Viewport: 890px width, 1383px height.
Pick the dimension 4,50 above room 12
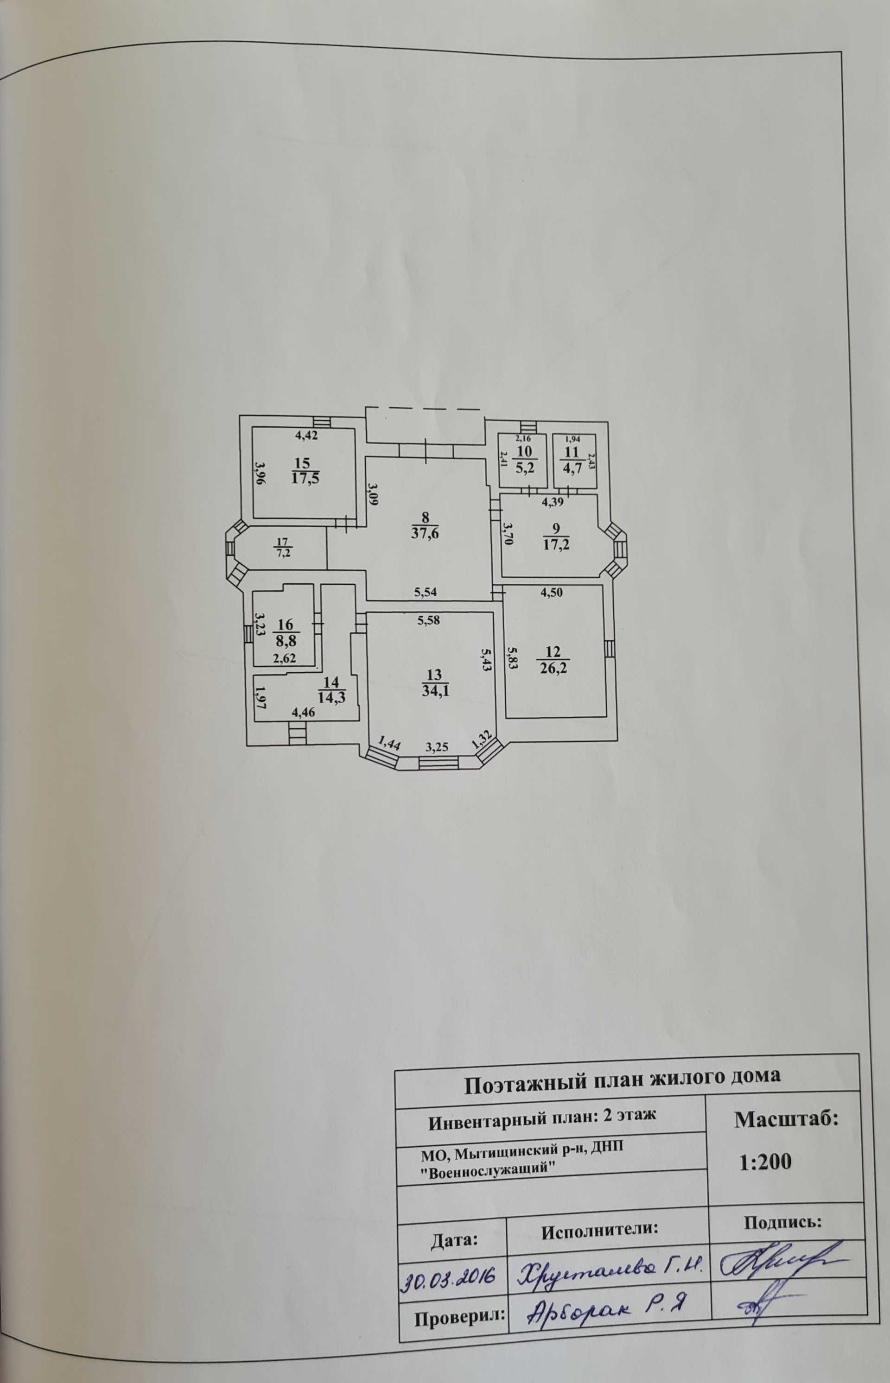point(551,592)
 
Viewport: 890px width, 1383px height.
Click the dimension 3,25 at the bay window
point(437,746)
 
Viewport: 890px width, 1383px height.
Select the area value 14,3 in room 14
point(332,697)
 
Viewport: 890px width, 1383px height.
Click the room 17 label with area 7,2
point(283,547)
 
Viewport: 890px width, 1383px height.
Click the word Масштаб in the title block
point(786,1119)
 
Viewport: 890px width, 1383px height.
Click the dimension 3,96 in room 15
point(261,474)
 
